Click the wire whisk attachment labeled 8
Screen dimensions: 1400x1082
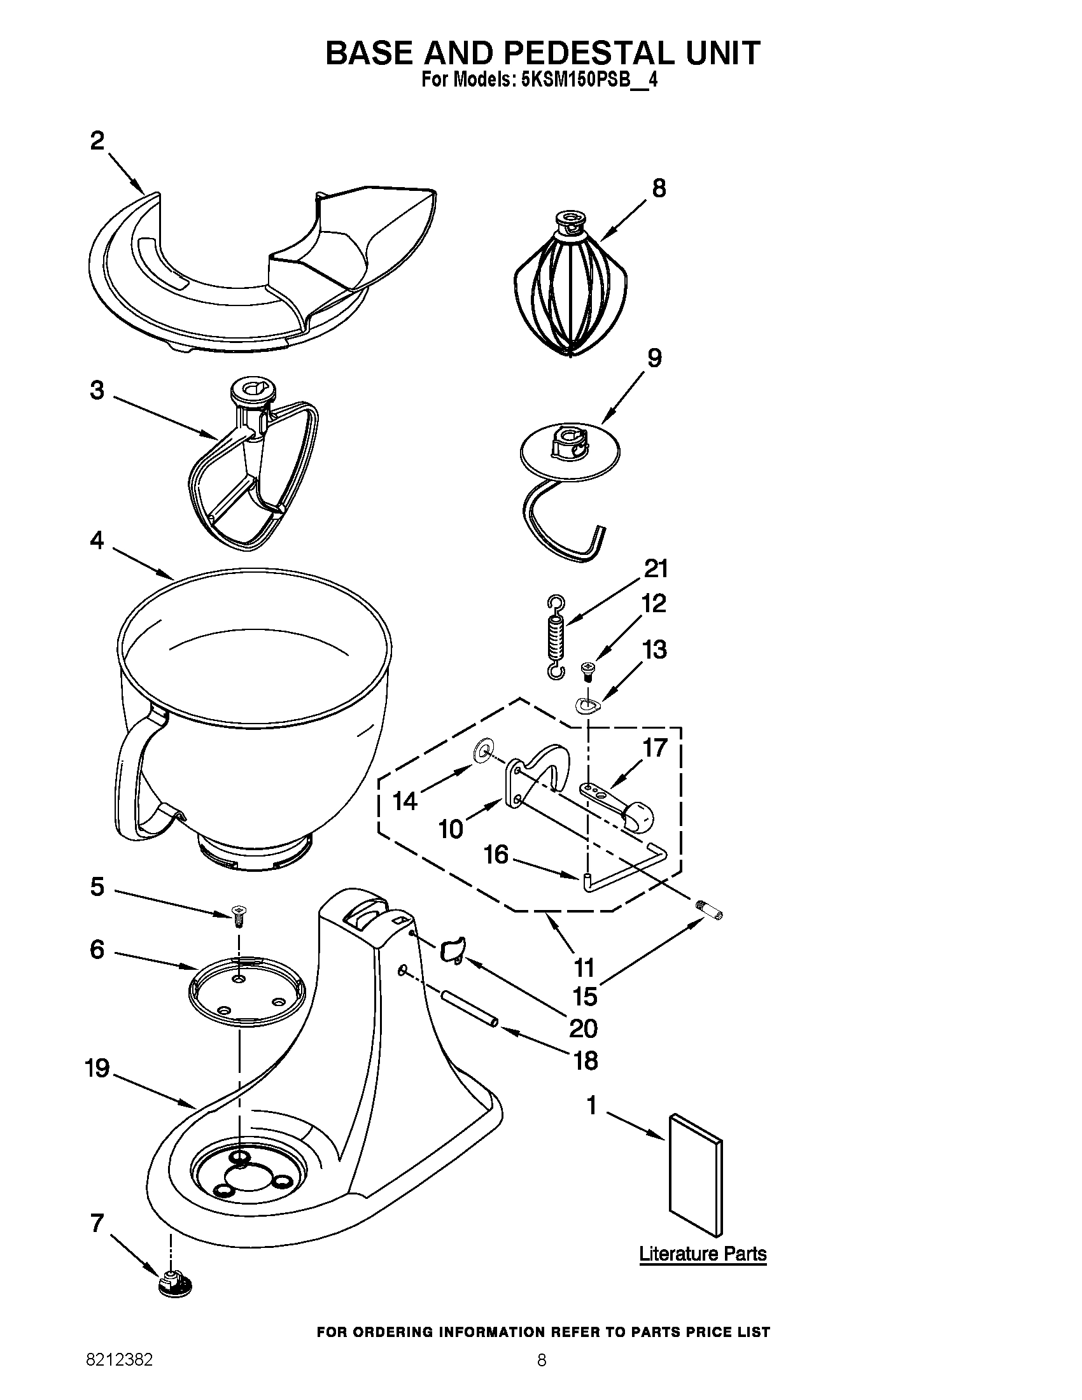click(x=569, y=288)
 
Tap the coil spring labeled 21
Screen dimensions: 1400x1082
click(x=556, y=636)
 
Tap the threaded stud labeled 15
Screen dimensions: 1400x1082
click(x=709, y=909)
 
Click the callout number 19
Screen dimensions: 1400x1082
click(x=97, y=1068)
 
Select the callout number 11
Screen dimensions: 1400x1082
click(x=584, y=967)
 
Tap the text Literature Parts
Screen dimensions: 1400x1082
click(x=703, y=1254)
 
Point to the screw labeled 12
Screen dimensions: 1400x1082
click(x=587, y=671)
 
